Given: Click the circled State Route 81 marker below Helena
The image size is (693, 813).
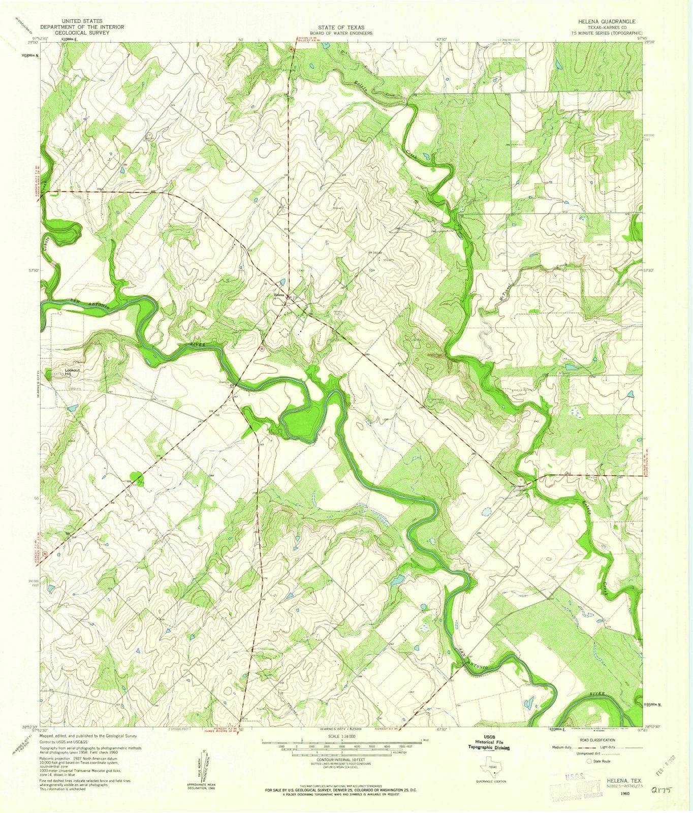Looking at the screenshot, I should tap(262, 349).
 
